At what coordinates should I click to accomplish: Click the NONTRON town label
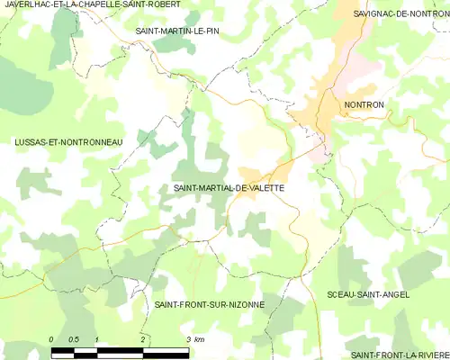[x=364, y=105]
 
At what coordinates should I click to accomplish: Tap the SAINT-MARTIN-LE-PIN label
[x=176, y=31]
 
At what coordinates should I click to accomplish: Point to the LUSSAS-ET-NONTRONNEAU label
[x=68, y=142]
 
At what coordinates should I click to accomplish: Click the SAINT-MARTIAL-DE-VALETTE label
[x=228, y=187]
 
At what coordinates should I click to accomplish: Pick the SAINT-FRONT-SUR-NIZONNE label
[x=209, y=304]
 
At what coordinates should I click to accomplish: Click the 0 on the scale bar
[x=52, y=338]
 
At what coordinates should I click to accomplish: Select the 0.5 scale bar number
[x=74, y=338]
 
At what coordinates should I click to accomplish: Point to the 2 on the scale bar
[x=142, y=338]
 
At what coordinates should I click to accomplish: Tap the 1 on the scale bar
[x=96, y=338]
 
